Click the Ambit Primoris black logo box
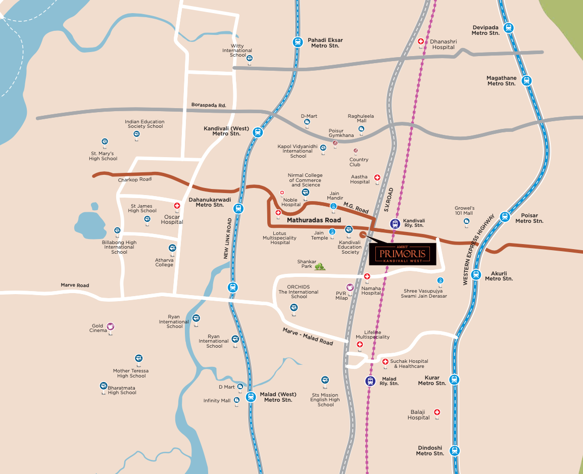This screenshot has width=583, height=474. point(399,254)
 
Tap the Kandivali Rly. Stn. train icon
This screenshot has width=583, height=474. point(395,223)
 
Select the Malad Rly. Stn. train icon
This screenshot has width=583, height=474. point(371,381)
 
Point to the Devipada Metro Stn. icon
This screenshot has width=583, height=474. point(508,29)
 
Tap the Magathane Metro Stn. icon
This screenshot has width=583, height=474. point(526,80)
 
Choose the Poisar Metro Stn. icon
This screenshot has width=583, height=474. point(504,217)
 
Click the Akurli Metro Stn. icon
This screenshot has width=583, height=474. point(475,275)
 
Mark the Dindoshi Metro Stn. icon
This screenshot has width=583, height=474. point(454,450)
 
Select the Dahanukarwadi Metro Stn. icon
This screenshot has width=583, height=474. point(239,208)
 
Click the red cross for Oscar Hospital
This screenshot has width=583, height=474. point(177,206)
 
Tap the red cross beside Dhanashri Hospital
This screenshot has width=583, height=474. point(421,41)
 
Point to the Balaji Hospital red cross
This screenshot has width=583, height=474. point(437,412)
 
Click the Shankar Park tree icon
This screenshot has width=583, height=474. point(319,266)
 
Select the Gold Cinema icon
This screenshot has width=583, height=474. point(110,326)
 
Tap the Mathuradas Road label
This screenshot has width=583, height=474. point(314,220)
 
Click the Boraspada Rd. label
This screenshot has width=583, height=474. point(208,105)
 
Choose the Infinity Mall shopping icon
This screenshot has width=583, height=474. point(236,400)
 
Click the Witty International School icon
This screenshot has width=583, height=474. point(249,59)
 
